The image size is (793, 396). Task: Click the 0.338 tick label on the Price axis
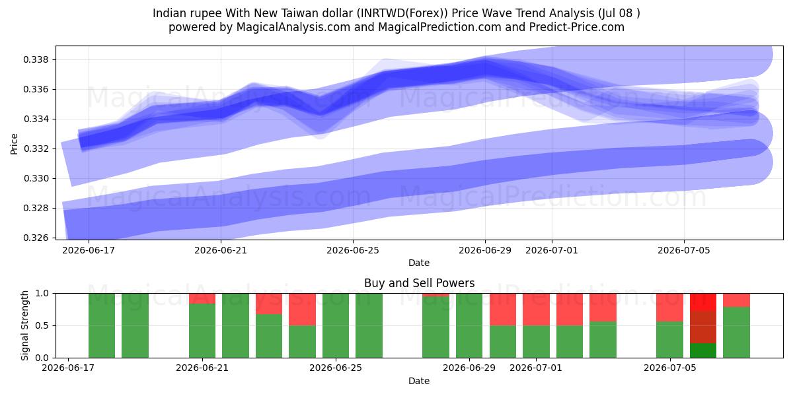(36, 59)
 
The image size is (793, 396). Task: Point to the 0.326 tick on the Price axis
(36, 238)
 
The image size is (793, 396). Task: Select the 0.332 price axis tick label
(36, 148)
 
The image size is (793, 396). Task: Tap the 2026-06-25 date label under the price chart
(353, 250)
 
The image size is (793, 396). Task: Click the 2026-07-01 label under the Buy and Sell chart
(536, 368)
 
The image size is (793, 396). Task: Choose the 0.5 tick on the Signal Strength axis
(42, 325)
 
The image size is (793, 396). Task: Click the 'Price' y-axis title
(14, 144)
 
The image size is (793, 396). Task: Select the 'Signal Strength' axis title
(24, 325)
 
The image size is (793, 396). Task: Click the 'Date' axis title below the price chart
(419, 263)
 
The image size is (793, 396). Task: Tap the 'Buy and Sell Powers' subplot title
(419, 283)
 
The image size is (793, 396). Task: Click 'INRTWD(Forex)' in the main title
(402, 13)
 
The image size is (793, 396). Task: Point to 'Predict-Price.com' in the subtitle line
(577, 27)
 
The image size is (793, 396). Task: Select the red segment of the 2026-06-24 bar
(303, 310)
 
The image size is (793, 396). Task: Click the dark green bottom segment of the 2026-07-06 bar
(703, 350)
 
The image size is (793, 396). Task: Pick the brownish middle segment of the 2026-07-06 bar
(703, 327)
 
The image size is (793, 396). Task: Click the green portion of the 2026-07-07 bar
(736, 333)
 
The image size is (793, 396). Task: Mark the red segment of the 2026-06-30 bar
(503, 310)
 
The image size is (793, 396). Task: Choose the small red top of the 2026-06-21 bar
(202, 298)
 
